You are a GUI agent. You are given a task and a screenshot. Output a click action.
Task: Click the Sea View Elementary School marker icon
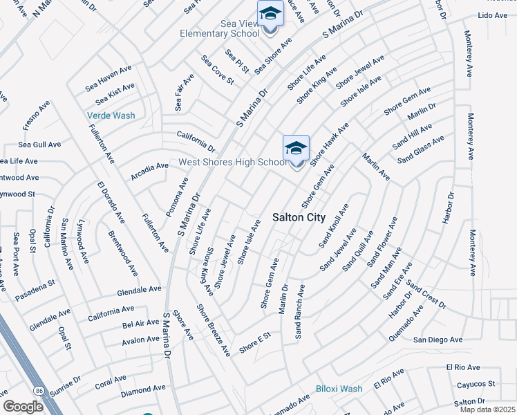(270, 15)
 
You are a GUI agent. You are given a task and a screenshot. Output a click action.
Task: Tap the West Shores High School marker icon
(296, 149)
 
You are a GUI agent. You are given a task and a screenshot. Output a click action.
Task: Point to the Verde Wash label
(111, 116)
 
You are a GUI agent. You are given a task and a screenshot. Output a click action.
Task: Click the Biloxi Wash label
(339, 389)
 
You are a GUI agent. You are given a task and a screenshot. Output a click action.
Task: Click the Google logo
(23, 406)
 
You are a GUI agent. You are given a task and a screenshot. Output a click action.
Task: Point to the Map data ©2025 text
(487, 409)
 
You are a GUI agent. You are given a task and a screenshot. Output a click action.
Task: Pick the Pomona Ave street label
(183, 194)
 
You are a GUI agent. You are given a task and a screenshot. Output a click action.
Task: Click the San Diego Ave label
(438, 340)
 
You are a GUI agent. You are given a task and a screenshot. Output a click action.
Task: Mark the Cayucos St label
(476, 384)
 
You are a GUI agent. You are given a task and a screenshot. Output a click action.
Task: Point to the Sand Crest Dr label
(426, 294)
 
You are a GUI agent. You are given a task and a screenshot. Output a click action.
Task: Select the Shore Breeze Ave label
(214, 330)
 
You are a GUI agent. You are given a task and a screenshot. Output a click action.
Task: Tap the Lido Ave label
(492, 15)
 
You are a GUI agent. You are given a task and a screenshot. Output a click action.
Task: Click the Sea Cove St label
(218, 71)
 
